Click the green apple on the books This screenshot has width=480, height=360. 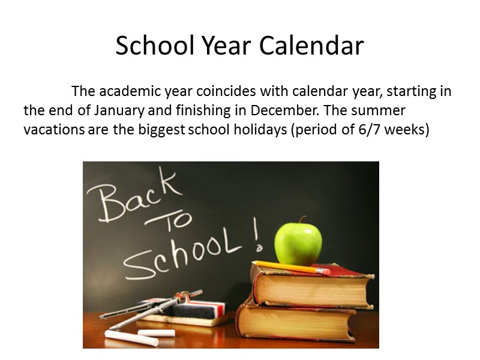pyautogui.click(x=298, y=243)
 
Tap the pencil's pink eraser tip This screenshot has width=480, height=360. pyautogui.click(x=325, y=271)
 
